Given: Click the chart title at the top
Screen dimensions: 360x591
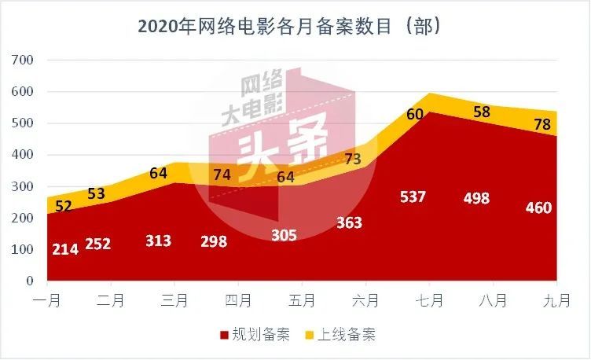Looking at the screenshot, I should pos(288,27).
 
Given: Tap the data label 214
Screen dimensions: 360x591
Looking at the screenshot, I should pos(65,250).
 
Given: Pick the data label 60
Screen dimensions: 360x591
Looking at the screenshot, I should pos(415,115).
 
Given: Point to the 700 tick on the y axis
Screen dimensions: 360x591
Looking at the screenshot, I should pos(24,61).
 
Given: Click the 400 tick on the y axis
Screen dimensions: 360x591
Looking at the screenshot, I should pos(24,155).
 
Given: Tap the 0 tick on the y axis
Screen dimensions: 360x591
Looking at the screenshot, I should pos(30,281).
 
